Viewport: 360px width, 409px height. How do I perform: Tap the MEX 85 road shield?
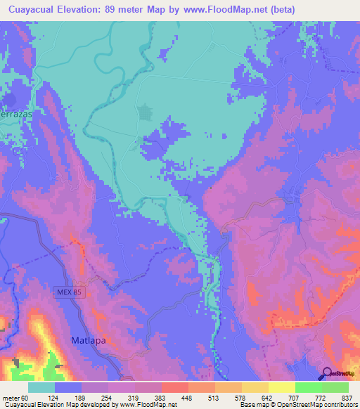(x=70, y=291)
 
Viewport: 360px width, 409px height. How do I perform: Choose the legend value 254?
(x=120, y=397)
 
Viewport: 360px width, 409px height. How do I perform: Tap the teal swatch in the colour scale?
(x=41, y=387)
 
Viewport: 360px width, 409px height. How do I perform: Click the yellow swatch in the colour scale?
(x=281, y=387)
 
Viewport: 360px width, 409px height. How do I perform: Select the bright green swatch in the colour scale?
(x=308, y=387)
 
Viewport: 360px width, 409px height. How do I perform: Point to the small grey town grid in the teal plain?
(x=146, y=112)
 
